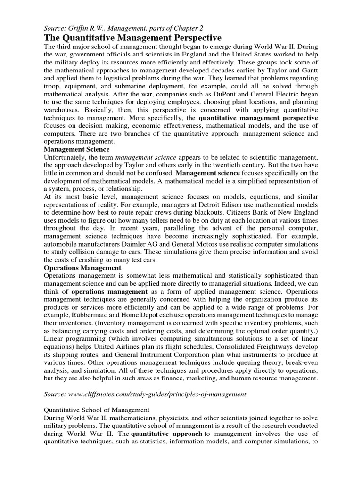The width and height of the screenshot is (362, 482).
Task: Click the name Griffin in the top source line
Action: pos(83,28)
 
